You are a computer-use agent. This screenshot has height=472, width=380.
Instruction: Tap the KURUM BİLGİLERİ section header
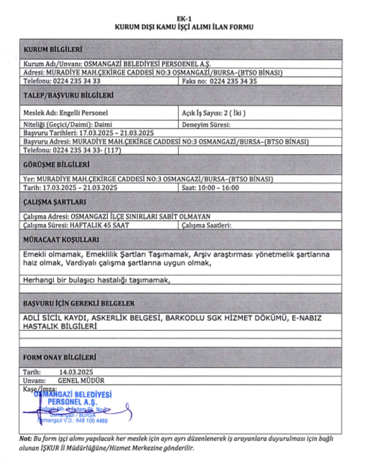53,49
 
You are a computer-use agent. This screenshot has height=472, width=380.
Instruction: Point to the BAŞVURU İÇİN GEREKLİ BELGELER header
79,303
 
